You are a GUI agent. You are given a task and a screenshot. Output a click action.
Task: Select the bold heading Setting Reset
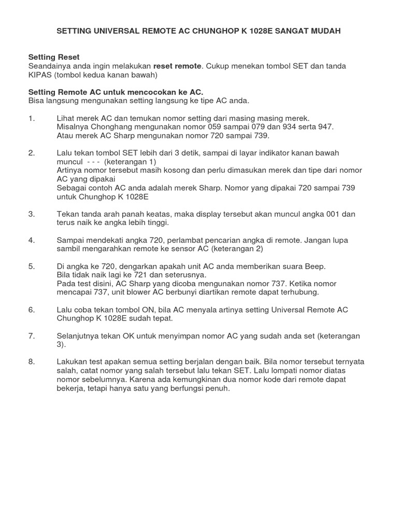coord(54,57)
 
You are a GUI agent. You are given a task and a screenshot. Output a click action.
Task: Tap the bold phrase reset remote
coord(177,66)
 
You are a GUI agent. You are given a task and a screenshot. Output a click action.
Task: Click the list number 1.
coord(31,118)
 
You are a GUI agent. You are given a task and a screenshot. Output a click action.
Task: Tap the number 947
coord(326,127)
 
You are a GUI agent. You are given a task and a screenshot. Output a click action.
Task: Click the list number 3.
coord(31,214)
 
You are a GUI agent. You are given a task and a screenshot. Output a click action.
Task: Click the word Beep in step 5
coord(316,266)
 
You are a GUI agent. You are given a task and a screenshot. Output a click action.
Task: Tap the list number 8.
coord(31,362)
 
